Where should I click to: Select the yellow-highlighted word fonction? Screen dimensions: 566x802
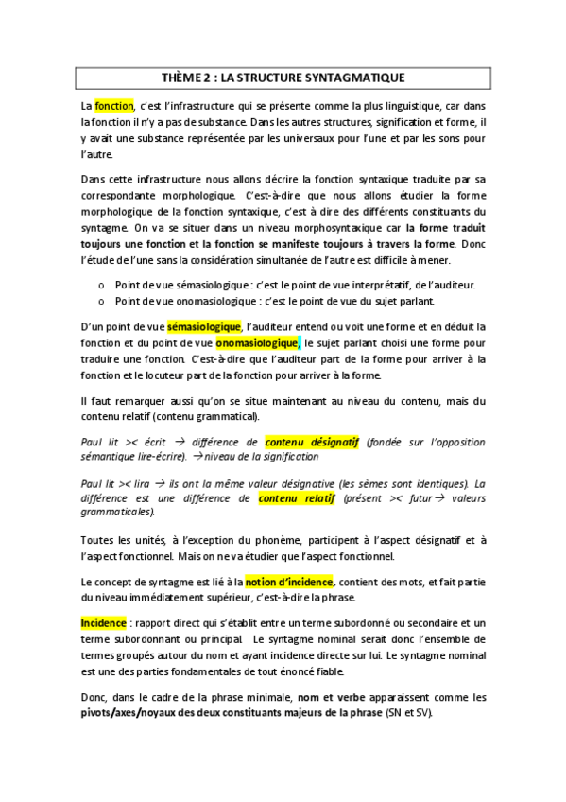[115, 105]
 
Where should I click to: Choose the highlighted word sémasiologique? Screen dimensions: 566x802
[204, 326]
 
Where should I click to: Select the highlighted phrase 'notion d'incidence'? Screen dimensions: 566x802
[288, 581]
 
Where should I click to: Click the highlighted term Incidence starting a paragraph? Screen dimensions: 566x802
[103, 622]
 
